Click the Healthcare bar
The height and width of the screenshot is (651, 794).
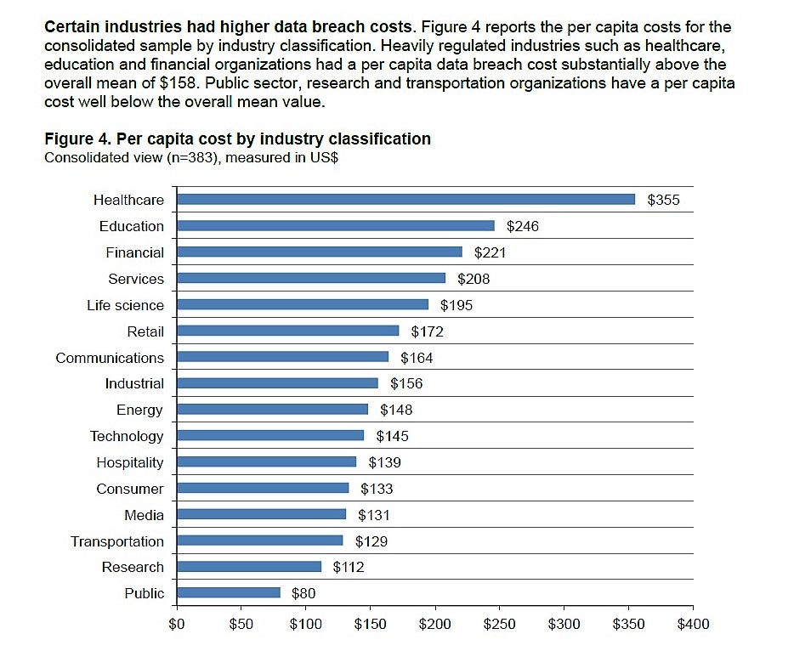coord(406,200)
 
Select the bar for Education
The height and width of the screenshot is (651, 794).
coord(335,226)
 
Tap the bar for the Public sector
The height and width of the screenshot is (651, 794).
coord(228,593)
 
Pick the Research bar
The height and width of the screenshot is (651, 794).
coord(248,567)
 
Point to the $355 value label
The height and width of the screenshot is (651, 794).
coord(664,201)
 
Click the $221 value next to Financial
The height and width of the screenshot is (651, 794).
coord(490,252)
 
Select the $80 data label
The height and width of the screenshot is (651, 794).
coord(303,594)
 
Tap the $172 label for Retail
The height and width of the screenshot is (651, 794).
coord(427,331)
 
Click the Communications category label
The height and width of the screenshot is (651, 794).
coord(110,358)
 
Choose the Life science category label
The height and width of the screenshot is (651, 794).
coord(125,305)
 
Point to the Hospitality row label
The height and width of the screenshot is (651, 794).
coord(129,462)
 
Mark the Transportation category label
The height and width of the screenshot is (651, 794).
coord(117,541)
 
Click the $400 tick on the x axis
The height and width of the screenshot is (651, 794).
coord(692,625)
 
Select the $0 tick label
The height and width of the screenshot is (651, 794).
coord(177,625)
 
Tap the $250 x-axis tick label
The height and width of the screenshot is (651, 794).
coord(499,625)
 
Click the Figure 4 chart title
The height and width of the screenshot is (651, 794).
coord(237,139)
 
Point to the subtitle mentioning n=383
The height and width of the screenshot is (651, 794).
coord(191,157)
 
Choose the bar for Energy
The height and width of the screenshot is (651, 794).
coord(272,410)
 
